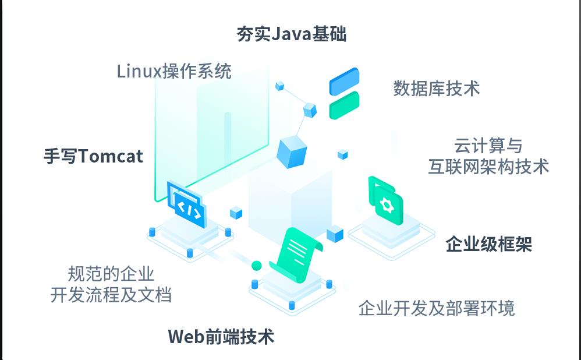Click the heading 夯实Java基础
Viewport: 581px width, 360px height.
pyautogui.click(x=291, y=34)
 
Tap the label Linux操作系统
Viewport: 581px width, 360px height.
pyautogui.click(x=174, y=71)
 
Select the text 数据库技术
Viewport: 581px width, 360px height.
pyautogui.click(x=437, y=89)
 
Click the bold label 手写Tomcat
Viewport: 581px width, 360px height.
pyautogui.click(x=93, y=156)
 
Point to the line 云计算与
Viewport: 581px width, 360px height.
pyautogui.click(x=488, y=146)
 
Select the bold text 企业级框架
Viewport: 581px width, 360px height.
pyautogui.click(x=488, y=244)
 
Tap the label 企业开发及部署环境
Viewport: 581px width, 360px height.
pyautogui.click(x=437, y=308)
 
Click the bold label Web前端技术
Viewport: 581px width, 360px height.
pyautogui.click(x=221, y=337)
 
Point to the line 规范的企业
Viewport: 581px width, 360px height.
pyautogui.click(x=111, y=274)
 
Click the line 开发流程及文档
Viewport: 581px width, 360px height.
pyautogui.click(x=111, y=294)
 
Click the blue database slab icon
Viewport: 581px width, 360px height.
pyautogui.click(x=344, y=82)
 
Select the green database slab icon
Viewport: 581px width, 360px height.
pyautogui.click(x=344, y=105)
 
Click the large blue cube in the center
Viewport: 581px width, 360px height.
pyautogui.click(x=292, y=152)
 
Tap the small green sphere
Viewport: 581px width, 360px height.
pyautogui.click(x=257, y=266)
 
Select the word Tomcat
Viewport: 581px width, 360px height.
pyautogui.click(x=111, y=156)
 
